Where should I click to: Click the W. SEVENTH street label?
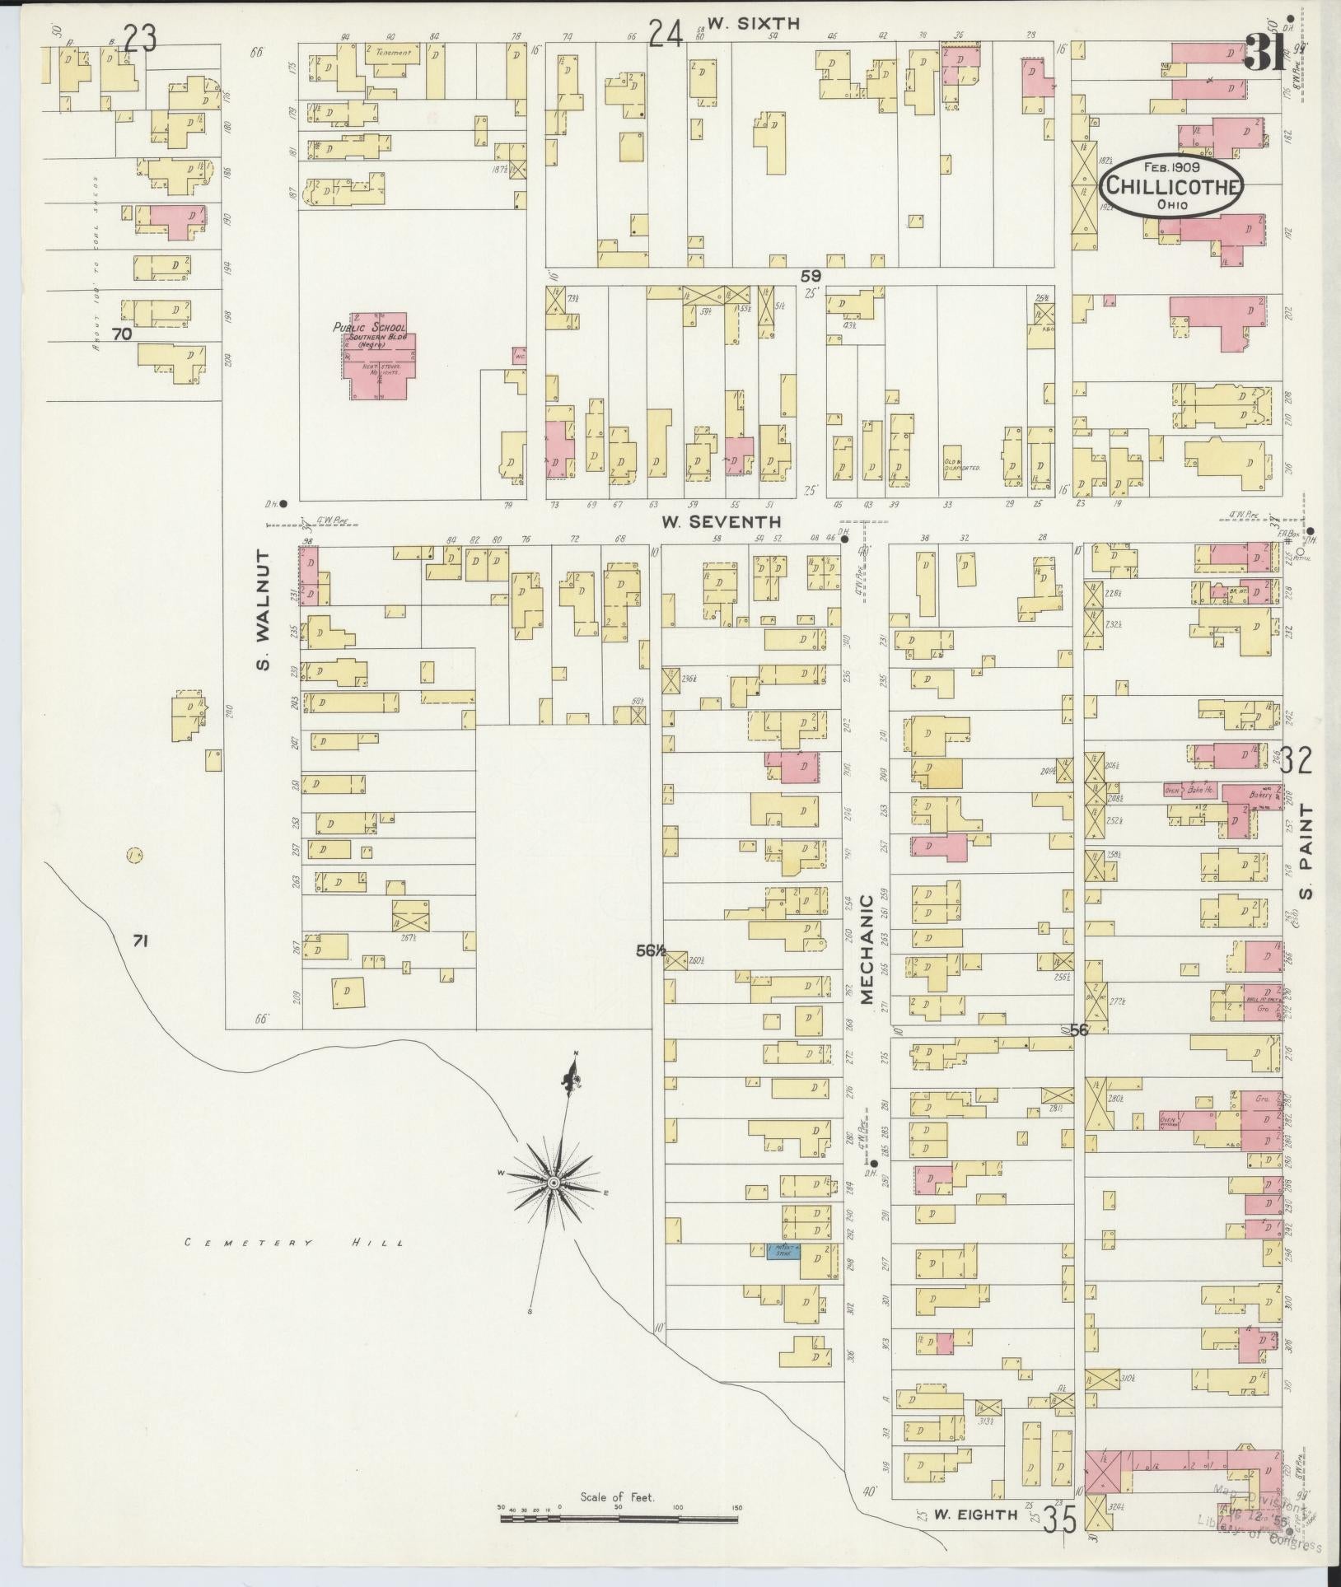coord(721,522)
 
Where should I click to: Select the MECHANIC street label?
coord(866,950)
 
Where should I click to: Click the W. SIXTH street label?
coord(753,24)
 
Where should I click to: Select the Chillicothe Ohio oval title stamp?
coord(1171,186)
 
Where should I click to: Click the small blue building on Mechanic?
coord(783,1275)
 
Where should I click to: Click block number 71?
coord(139,940)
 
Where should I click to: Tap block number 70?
coord(122,334)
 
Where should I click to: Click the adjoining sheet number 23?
coord(140,38)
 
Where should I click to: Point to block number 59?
coord(811,276)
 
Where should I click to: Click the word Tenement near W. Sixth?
coord(393,53)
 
